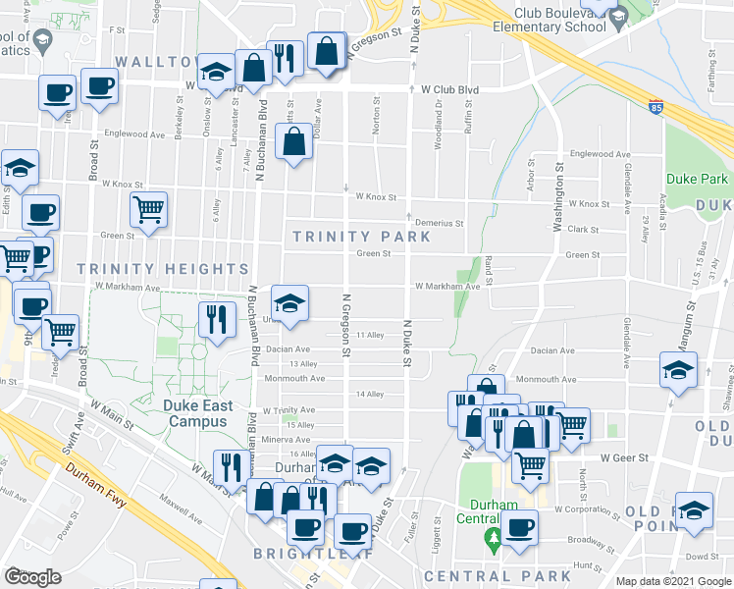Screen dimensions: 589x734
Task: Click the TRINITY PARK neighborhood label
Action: (x=361, y=237)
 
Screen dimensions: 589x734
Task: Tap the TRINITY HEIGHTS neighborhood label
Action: (x=162, y=269)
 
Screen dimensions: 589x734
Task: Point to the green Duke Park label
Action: (x=697, y=180)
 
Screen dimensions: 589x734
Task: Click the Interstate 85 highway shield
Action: (x=655, y=106)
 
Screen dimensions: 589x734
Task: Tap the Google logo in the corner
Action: (x=32, y=576)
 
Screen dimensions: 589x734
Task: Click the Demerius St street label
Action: (x=438, y=223)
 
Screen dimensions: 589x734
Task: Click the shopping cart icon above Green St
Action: (x=148, y=209)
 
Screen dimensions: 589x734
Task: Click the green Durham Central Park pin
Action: (x=493, y=539)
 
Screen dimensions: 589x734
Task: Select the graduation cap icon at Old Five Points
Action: (x=695, y=511)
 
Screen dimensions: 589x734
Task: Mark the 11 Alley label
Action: (x=370, y=336)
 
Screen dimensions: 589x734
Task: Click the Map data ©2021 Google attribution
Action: (x=673, y=581)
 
